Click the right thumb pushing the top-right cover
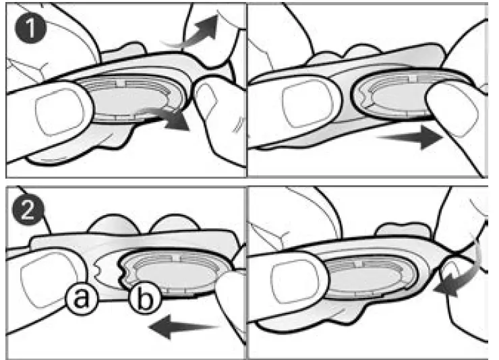point(459,111)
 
